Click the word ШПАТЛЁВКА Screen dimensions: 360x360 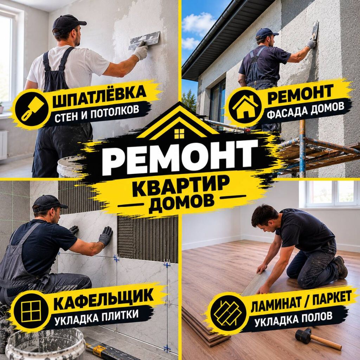(99, 96)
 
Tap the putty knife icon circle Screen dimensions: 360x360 (32, 108)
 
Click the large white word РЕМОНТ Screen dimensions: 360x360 (180, 155)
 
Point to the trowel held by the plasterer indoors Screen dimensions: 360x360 (144, 40)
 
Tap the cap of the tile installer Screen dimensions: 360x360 (49, 203)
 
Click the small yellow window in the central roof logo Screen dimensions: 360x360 (179, 134)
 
